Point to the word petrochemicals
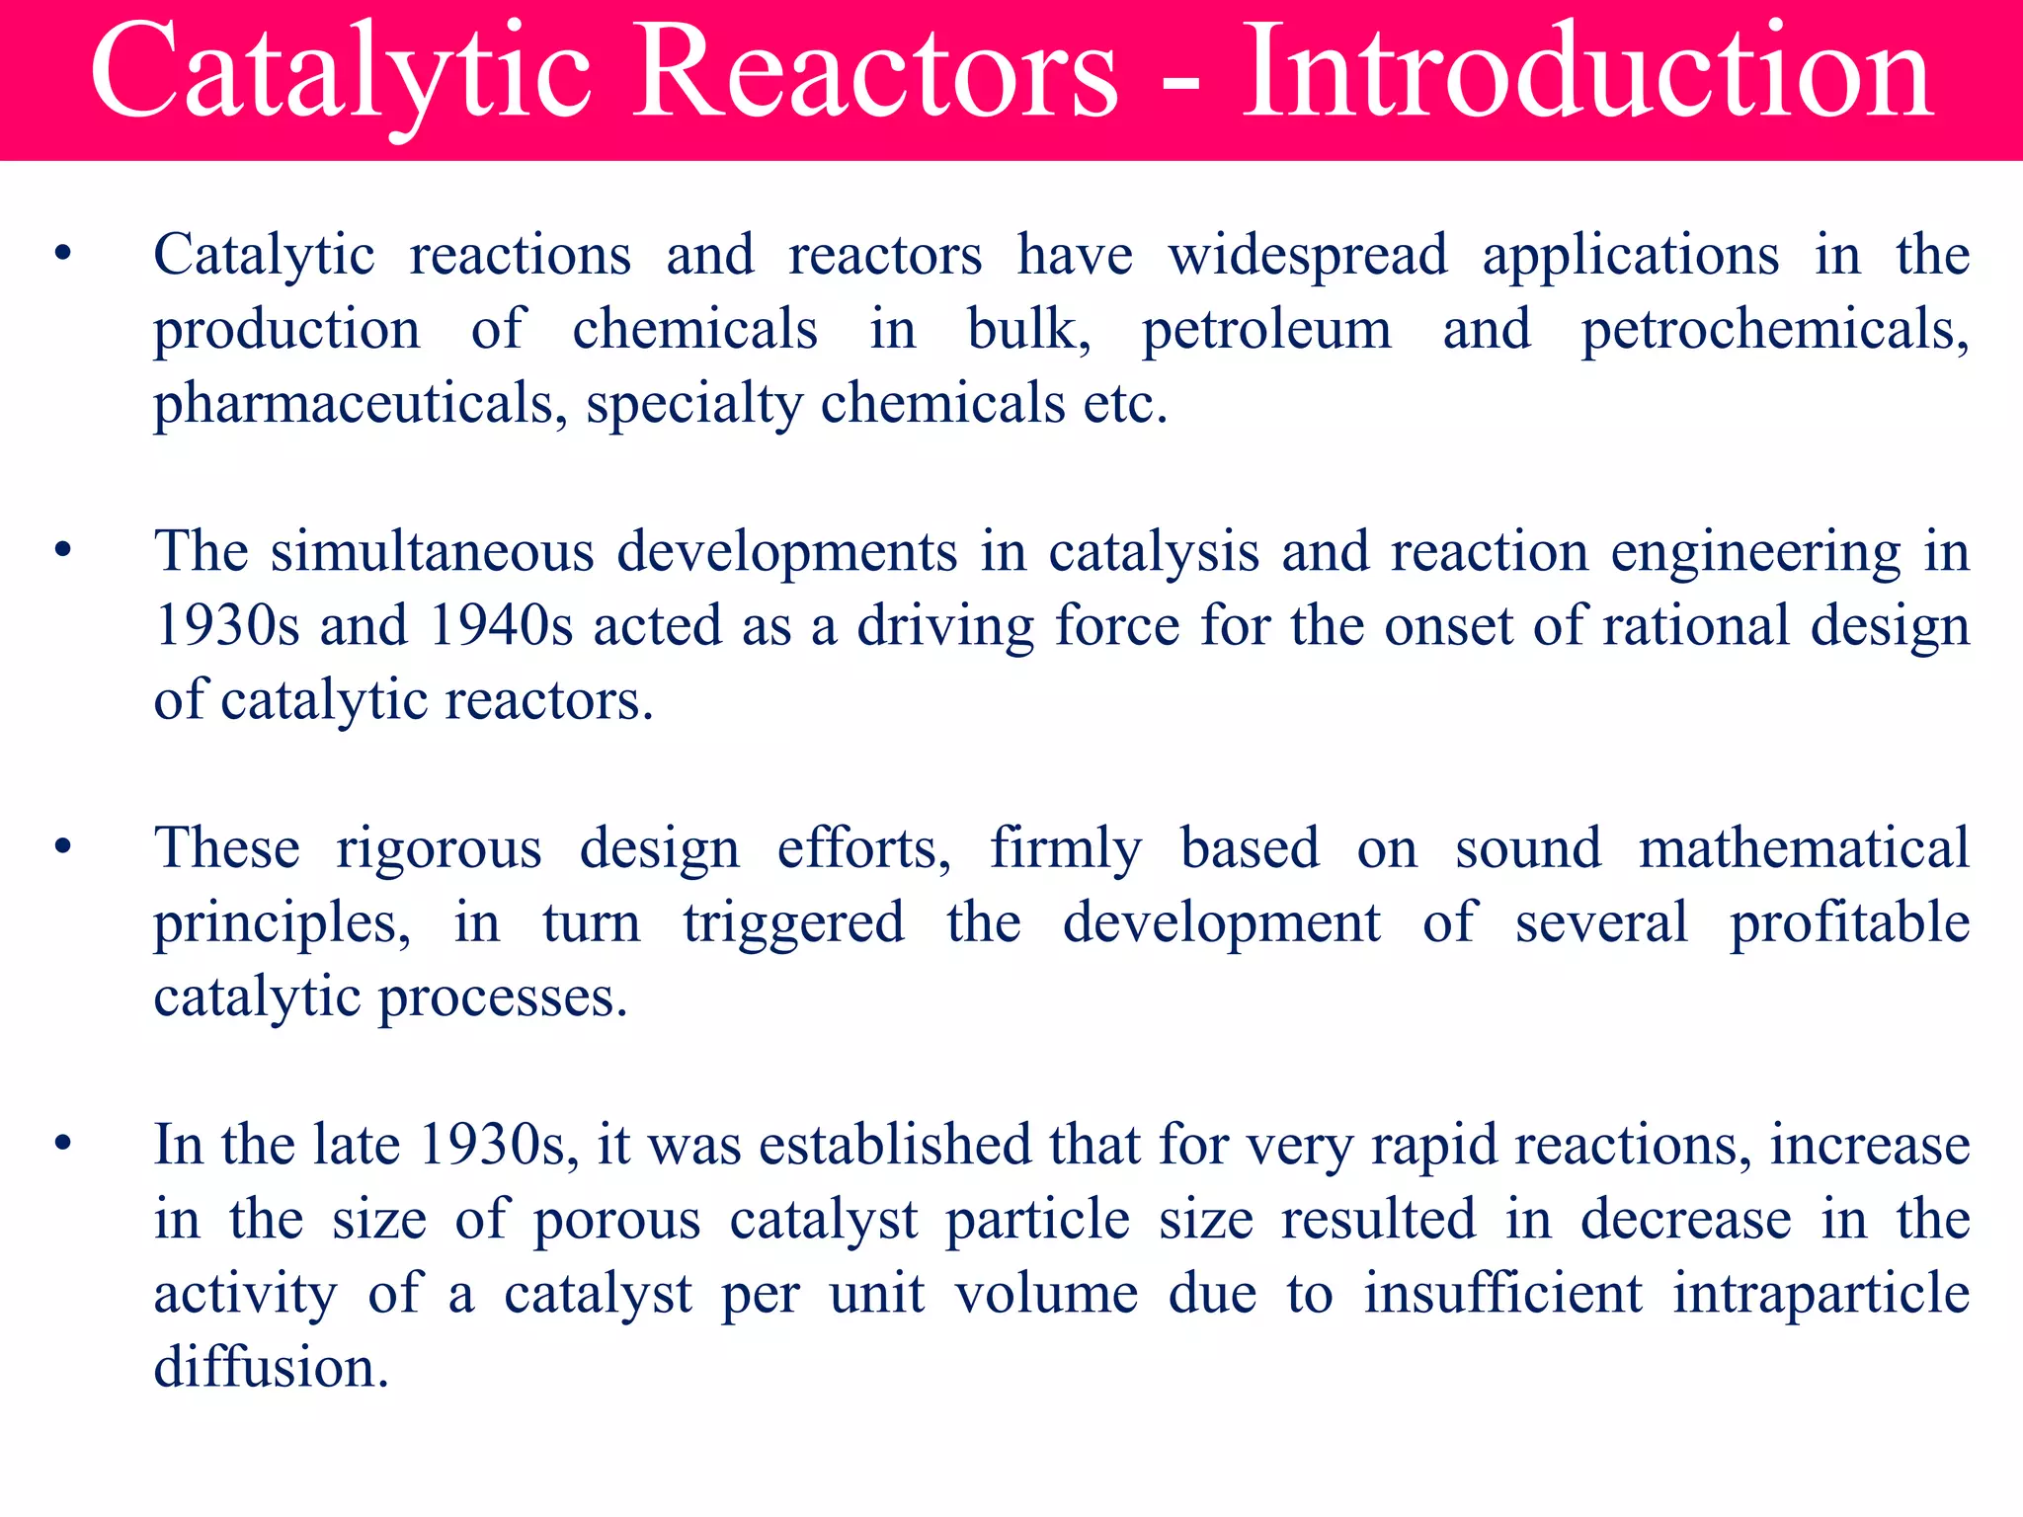[x=1774, y=331]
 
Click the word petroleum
[x=1266, y=331]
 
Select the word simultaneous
[x=433, y=553]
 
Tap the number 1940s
[x=502, y=626]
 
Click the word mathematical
[x=1804, y=849]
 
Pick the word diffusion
[x=271, y=1369]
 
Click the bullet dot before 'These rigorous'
[x=63, y=847]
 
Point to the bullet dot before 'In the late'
[x=63, y=1145]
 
